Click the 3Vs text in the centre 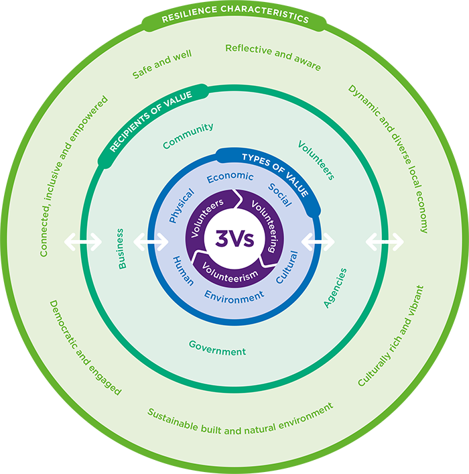coord(234,238)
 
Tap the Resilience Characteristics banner coord(234,18)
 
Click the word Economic coord(230,178)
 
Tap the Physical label coord(182,205)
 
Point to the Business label coord(121,249)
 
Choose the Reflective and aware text coord(273,57)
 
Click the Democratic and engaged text coord(85,347)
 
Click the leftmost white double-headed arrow coord(82,241)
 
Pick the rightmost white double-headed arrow coord(385,241)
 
